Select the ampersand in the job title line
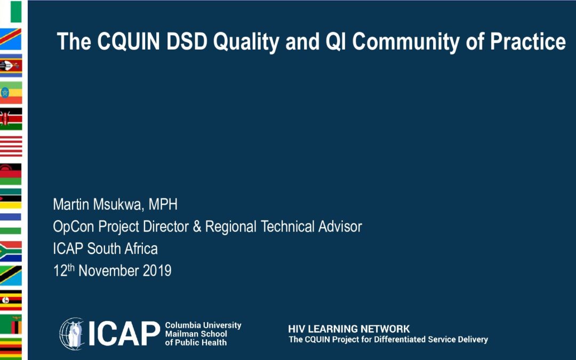click(197, 227)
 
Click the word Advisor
click(340, 227)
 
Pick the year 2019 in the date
click(157, 271)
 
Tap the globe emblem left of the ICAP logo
click(72, 333)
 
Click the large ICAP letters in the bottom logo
click(124, 333)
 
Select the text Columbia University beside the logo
click(203, 325)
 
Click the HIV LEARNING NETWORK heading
click(349, 329)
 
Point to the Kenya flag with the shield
click(11, 118)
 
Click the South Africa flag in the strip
click(11, 251)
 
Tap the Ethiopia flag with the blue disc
click(11, 92)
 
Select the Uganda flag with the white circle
click(11, 300)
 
